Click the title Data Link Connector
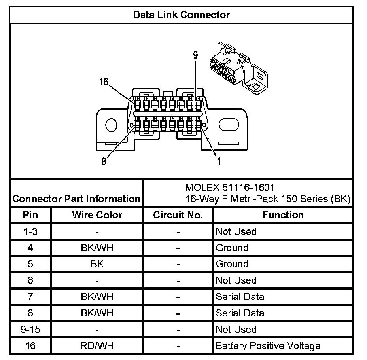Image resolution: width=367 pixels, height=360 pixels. point(181,15)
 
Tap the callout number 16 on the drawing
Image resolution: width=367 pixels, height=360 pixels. point(104,82)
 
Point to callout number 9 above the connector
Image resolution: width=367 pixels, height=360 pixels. point(195,55)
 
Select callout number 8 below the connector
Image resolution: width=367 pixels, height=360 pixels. point(104,162)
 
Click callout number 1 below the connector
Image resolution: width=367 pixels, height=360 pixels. point(218,161)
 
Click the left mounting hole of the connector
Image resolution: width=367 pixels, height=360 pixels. point(112,125)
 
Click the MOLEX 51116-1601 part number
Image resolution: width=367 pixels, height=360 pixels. point(230,187)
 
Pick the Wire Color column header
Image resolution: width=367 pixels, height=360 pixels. point(97,215)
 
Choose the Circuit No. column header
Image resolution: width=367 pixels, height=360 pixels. point(178,215)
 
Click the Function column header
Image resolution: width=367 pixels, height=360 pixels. point(283,215)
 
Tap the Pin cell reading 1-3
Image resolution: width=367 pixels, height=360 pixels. point(30,231)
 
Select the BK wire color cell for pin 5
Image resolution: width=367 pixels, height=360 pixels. point(97,264)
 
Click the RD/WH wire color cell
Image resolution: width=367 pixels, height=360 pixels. point(97,346)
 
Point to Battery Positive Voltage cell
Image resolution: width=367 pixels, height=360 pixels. point(268,346)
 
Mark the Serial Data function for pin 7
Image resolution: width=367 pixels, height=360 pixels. point(240,297)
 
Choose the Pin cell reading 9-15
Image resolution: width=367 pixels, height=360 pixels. point(30,329)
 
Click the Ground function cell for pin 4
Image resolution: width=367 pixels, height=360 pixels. point(232,248)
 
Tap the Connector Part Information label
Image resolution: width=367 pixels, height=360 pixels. point(76,199)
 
